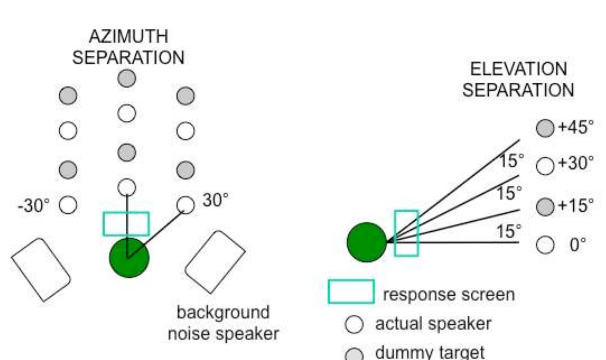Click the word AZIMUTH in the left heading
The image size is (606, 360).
point(128,37)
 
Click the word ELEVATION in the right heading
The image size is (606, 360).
point(518,69)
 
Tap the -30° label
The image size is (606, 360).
point(34,205)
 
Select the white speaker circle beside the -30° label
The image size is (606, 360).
point(68,205)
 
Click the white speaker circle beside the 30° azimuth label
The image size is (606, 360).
point(185,205)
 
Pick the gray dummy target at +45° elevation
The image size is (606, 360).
point(545,128)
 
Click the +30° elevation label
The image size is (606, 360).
point(576,163)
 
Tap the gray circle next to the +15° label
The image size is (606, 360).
point(545,206)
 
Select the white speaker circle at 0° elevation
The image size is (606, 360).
point(545,244)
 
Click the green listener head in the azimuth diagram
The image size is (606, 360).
point(129,258)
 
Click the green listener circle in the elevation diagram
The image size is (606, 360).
point(367,242)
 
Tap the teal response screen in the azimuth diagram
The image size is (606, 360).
point(126,224)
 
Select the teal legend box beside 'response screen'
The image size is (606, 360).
point(351,291)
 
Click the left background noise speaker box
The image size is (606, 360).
point(41,269)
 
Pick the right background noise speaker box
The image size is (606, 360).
point(215,262)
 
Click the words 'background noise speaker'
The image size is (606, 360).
point(223,323)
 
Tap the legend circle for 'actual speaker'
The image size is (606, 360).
point(354,324)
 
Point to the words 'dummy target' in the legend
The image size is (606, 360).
point(430,353)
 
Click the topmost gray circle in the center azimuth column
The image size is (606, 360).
point(127,78)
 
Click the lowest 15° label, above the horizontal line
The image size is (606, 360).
point(509,231)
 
